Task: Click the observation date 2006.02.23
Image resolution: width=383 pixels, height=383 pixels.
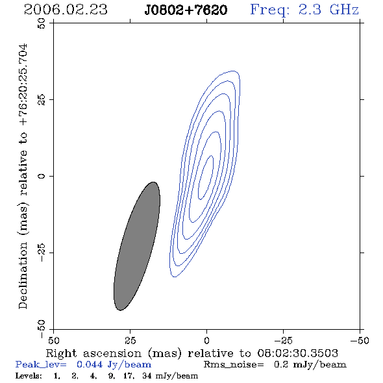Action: [x=66, y=10]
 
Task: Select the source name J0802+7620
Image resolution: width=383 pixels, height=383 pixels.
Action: [x=186, y=10]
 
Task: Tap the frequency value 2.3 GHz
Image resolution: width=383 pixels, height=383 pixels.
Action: [x=328, y=10]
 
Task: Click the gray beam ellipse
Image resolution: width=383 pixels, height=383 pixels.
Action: [x=137, y=246]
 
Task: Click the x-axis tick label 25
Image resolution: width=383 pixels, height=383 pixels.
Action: [x=130, y=341]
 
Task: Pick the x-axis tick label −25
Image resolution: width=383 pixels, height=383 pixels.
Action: [x=283, y=341]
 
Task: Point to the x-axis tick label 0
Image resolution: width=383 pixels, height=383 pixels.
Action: [x=206, y=341]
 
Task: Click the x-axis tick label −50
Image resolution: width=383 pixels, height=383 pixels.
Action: [x=360, y=341]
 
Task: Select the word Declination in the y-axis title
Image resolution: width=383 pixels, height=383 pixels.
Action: [x=23, y=276]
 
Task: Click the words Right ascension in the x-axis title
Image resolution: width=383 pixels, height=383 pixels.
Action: [x=93, y=354]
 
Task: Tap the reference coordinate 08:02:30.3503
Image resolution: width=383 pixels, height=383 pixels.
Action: [x=298, y=353]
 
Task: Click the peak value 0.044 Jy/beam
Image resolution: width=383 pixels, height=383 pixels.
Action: [x=114, y=365]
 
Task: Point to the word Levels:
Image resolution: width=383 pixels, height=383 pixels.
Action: [x=29, y=376]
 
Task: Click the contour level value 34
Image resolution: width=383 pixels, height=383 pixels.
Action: [x=147, y=376]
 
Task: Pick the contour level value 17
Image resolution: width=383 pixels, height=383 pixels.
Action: [x=129, y=376]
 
